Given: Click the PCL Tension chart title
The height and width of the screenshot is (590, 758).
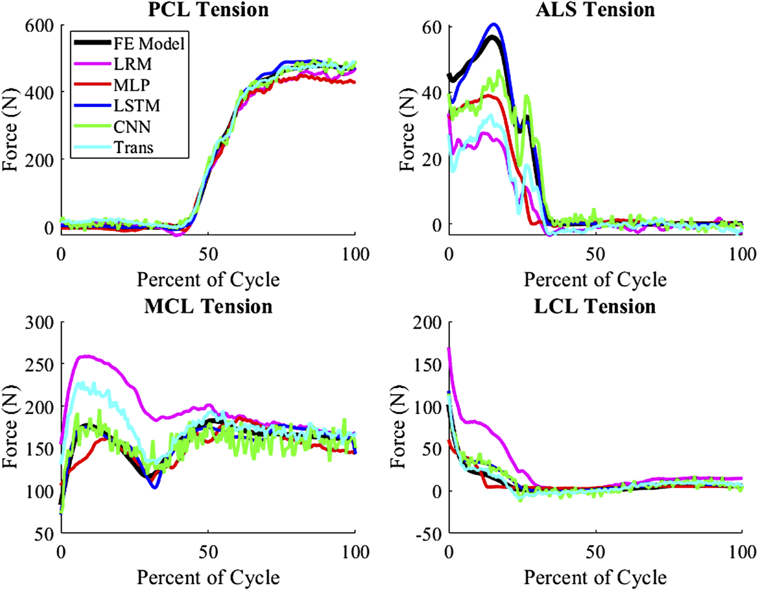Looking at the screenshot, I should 208,9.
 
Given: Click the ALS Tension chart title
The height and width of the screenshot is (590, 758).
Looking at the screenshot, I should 595,9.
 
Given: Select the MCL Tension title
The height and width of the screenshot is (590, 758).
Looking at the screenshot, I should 208,307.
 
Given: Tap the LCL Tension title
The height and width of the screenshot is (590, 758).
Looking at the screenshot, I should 595,307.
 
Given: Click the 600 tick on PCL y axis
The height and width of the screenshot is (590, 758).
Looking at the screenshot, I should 39,26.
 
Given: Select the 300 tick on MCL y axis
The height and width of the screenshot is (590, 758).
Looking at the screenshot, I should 39,322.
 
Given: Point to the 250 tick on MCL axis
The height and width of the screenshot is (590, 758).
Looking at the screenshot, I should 39,365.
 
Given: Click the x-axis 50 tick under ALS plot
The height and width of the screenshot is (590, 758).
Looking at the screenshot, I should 595,255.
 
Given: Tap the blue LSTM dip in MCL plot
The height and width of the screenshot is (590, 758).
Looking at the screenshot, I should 154,487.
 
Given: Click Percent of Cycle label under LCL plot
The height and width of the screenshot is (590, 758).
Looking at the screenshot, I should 595,578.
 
